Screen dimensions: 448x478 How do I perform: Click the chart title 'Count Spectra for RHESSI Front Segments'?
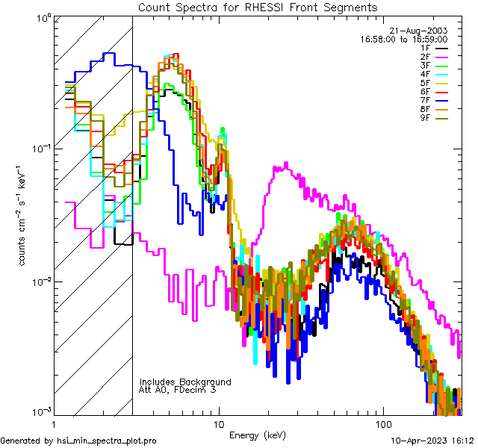pos(258,7)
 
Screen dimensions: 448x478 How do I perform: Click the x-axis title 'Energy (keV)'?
pos(257,435)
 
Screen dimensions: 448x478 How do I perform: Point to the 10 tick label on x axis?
pos(219,424)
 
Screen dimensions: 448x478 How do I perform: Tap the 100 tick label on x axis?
pos(382,424)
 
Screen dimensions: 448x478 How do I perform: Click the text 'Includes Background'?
pos(185,382)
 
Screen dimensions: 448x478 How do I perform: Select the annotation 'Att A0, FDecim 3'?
pos(178,390)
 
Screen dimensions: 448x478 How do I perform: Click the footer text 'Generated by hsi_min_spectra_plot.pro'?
pos(79,441)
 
